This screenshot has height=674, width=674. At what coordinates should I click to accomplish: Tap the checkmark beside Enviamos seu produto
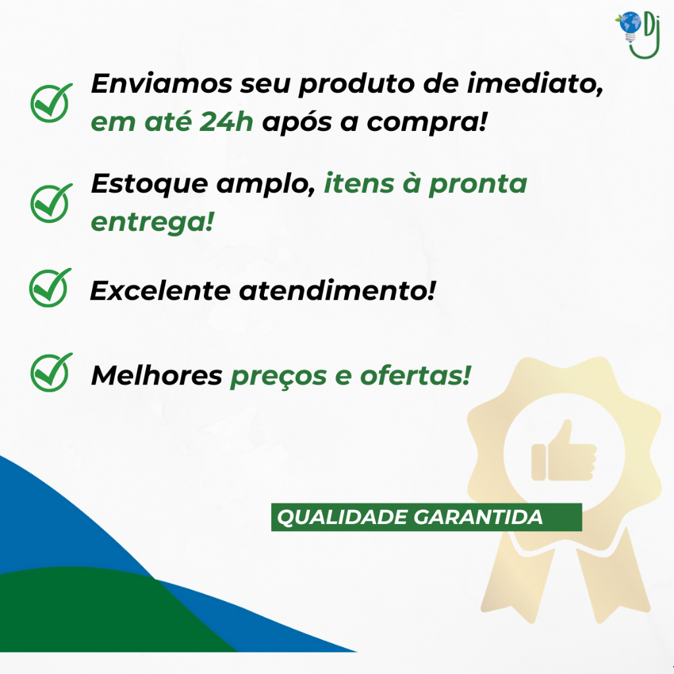click(51, 103)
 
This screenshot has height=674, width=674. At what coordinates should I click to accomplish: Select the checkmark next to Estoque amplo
click(51, 203)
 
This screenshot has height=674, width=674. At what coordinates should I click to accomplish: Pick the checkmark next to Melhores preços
click(51, 373)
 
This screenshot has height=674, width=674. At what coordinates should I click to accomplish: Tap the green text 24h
click(226, 122)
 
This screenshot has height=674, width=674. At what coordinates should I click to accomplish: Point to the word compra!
click(427, 123)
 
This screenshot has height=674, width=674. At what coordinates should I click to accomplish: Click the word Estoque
click(149, 185)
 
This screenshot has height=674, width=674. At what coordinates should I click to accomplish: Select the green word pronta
click(478, 185)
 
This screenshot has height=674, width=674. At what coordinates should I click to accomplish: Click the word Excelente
click(160, 291)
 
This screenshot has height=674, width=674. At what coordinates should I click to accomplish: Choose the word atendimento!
click(338, 290)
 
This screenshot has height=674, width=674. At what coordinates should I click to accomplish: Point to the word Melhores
click(157, 376)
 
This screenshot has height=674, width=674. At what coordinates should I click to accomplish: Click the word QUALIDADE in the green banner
click(342, 517)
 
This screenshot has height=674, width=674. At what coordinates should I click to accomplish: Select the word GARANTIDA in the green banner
click(478, 517)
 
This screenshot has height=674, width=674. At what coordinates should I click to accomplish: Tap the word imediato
click(535, 84)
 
